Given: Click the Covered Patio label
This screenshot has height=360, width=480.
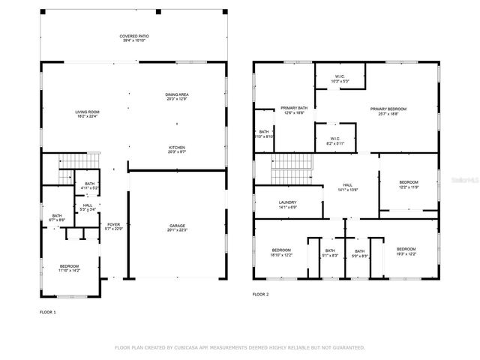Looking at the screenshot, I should coord(133,38).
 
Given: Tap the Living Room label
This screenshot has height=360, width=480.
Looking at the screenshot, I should coord(87,114).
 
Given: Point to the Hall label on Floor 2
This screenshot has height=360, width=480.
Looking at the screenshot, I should coord(347,187).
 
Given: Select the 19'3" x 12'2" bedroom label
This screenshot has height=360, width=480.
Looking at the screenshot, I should coord(406,250).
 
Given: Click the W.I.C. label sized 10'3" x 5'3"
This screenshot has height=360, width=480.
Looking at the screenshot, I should coord(339,77).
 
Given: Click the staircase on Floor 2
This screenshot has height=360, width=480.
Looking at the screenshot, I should coord(290,167).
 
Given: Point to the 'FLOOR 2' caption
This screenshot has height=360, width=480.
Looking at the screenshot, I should coord(261,295).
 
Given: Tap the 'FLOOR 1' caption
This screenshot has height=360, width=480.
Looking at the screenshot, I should coord(47,310).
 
